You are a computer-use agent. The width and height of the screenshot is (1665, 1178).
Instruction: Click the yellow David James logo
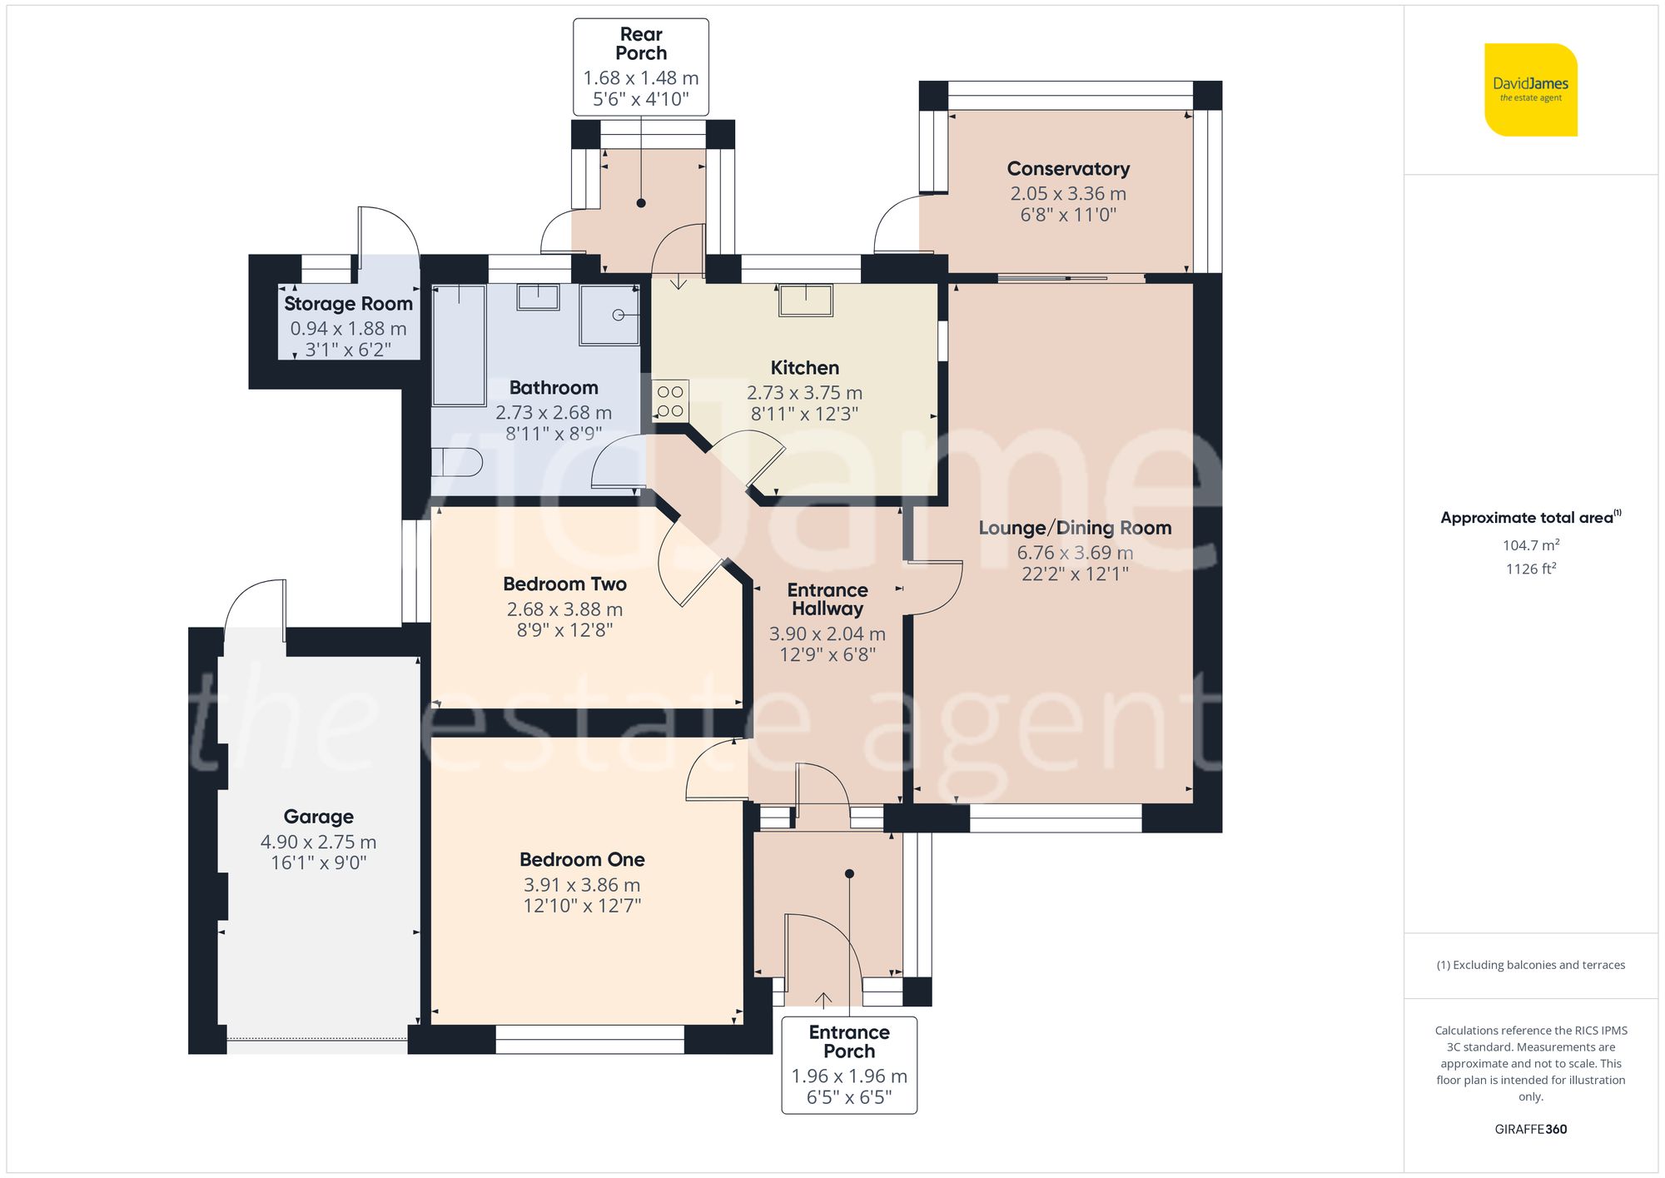pyautogui.click(x=1530, y=90)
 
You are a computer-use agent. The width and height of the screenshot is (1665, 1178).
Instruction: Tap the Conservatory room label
pyautogui.click(x=1068, y=169)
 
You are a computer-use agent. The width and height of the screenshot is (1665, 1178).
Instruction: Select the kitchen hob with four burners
pyautogui.click(x=670, y=400)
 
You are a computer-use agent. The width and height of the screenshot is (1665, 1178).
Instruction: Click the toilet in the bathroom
pyautogui.click(x=457, y=462)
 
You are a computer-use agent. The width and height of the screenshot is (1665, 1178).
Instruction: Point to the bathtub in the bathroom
pyautogui.click(x=459, y=345)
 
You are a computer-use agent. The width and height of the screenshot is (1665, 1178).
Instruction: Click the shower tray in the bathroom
pyautogui.click(x=609, y=315)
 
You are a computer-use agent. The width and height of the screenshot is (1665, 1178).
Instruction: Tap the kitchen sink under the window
pyautogui.click(x=805, y=300)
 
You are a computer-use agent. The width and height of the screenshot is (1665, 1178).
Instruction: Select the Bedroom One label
pyautogui.click(x=582, y=859)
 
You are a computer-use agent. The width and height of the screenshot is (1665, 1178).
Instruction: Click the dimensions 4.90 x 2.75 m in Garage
pyautogui.click(x=318, y=842)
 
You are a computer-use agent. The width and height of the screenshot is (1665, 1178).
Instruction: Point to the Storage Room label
pyautogui.click(x=348, y=304)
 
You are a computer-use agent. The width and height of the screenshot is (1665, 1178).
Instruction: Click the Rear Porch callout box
pyautogui.click(x=640, y=67)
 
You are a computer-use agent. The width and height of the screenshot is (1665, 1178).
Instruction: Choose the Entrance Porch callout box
pyautogui.click(x=849, y=1065)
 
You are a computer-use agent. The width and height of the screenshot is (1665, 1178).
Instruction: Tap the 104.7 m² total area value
pyautogui.click(x=1530, y=545)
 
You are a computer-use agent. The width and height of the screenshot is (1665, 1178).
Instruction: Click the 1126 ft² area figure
pyautogui.click(x=1530, y=569)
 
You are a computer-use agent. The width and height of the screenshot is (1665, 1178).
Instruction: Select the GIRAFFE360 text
pyautogui.click(x=1530, y=1129)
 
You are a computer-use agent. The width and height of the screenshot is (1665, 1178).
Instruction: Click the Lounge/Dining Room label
pyautogui.click(x=1075, y=528)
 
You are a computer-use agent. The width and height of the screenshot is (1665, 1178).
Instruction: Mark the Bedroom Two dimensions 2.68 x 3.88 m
pyautogui.click(x=564, y=609)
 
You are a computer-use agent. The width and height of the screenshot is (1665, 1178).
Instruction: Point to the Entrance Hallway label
pyautogui.click(x=828, y=599)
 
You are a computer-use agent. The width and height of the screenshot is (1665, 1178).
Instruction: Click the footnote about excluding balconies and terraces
pyautogui.click(x=1530, y=965)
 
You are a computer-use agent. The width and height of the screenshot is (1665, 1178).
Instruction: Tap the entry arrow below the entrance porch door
pyautogui.click(x=823, y=998)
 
